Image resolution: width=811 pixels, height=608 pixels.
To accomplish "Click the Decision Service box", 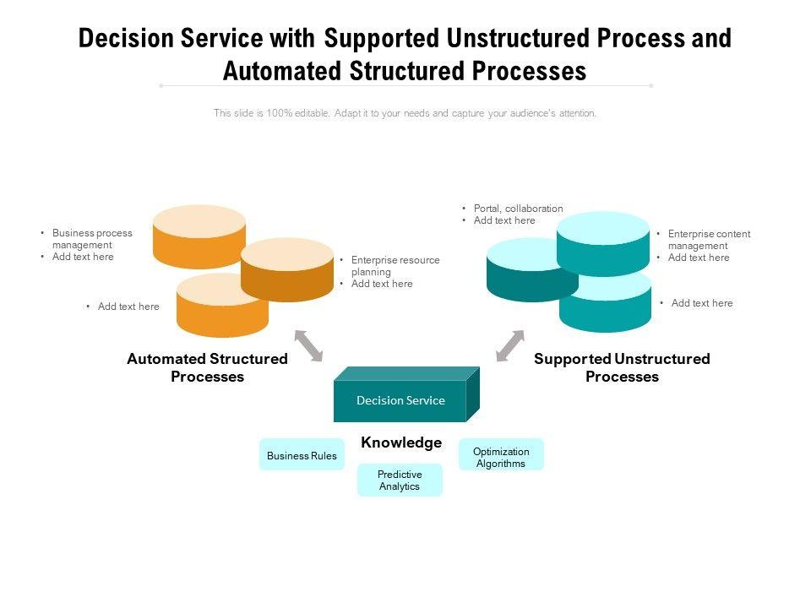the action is [x=406, y=394].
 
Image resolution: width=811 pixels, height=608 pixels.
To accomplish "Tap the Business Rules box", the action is [x=302, y=454].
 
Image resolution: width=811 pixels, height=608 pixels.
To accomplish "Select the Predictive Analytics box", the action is [x=400, y=480].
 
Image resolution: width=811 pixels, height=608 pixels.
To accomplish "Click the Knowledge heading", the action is [x=401, y=442].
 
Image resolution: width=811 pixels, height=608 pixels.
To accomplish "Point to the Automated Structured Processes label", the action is [x=208, y=367].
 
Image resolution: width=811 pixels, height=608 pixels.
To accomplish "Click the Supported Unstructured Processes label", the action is [x=623, y=367].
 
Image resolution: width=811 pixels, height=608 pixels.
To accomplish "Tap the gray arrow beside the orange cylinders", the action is [x=309, y=345].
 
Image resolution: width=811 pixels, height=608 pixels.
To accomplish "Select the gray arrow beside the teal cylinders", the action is [x=510, y=345].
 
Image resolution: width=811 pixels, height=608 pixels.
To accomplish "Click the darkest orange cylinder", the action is [x=287, y=269].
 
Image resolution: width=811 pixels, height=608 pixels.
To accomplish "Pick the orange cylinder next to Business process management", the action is [x=199, y=236].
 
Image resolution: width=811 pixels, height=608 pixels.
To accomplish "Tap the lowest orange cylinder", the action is [x=222, y=306].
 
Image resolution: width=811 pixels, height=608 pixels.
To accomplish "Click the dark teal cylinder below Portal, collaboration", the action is [x=532, y=270].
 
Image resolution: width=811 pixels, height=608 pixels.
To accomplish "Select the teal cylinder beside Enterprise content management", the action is [x=603, y=243].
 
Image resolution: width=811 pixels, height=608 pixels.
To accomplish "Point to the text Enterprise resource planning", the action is [x=395, y=266].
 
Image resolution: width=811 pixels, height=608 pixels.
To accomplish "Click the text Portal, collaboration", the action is [x=518, y=209].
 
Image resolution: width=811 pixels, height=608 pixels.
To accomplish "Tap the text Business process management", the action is [x=92, y=239].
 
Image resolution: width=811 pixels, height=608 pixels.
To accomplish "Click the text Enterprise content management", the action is [x=709, y=239].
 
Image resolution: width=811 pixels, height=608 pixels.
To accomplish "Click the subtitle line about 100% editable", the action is [x=405, y=112].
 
